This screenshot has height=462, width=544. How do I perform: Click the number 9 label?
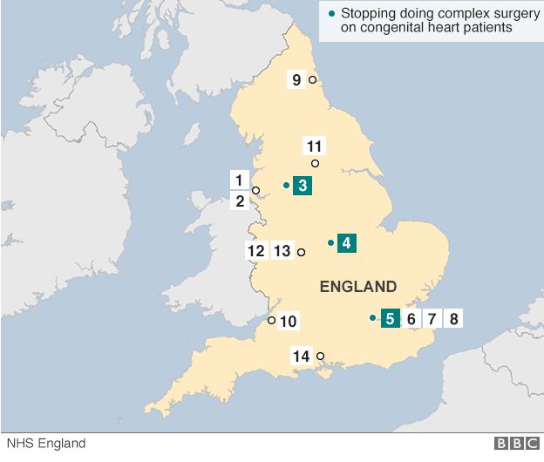pyautogui.click(x=296, y=80)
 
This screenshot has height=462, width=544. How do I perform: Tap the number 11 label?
pyautogui.click(x=315, y=146)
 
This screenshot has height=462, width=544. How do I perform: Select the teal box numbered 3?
pyautogui.click(x=302, y=185)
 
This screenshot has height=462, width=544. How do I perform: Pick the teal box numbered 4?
pyautogui.click(x=346, y=243)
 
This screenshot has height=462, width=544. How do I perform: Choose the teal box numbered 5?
pyautogui.click(x=390, y=318)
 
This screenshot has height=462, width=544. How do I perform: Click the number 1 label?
pyautogui.click(x=238, y=180)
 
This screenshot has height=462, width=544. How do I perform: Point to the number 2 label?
pyautogui.click(x=238, y=201)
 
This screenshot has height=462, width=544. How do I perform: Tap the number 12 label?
pyautogui.click(x=255, y=251)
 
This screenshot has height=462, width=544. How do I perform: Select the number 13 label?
pyautogui.click(x=282, y=251)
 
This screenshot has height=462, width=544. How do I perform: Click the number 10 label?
pyautogui.click(x=289, y=322)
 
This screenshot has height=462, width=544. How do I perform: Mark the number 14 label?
pyautogui.click(x=302, y=356)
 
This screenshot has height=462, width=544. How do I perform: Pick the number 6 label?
pyautogui.click(x=411, y=318)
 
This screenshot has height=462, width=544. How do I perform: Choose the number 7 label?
pyautogui.click(x=432, y=318)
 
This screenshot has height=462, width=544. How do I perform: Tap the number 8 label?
pyautogui.click(x=452, y=318)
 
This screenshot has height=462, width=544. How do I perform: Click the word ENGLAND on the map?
pyautogui.click(x=358, y=287)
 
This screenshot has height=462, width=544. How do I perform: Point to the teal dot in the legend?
pyautogui.click(x=330, y=14)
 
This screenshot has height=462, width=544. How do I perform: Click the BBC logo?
pyautogui.click(x=516, y=444)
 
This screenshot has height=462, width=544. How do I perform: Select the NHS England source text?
pyautogui.click(x=43, y=444)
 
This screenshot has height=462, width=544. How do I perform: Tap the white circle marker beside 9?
pyautogui.click(x=312, y=80)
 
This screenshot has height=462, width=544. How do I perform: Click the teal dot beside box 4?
pyautogui.click(x=330, y=242)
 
